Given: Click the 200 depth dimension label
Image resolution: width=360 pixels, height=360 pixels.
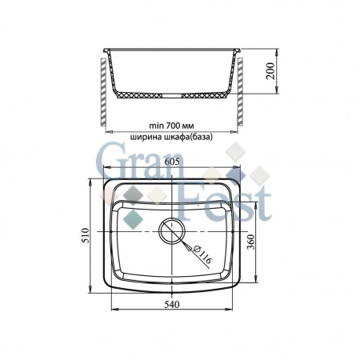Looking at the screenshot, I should coord(271,77).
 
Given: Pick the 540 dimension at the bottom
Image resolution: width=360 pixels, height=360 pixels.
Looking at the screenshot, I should coord(174,305).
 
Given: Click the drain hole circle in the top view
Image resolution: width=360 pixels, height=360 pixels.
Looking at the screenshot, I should coord(172,232).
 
